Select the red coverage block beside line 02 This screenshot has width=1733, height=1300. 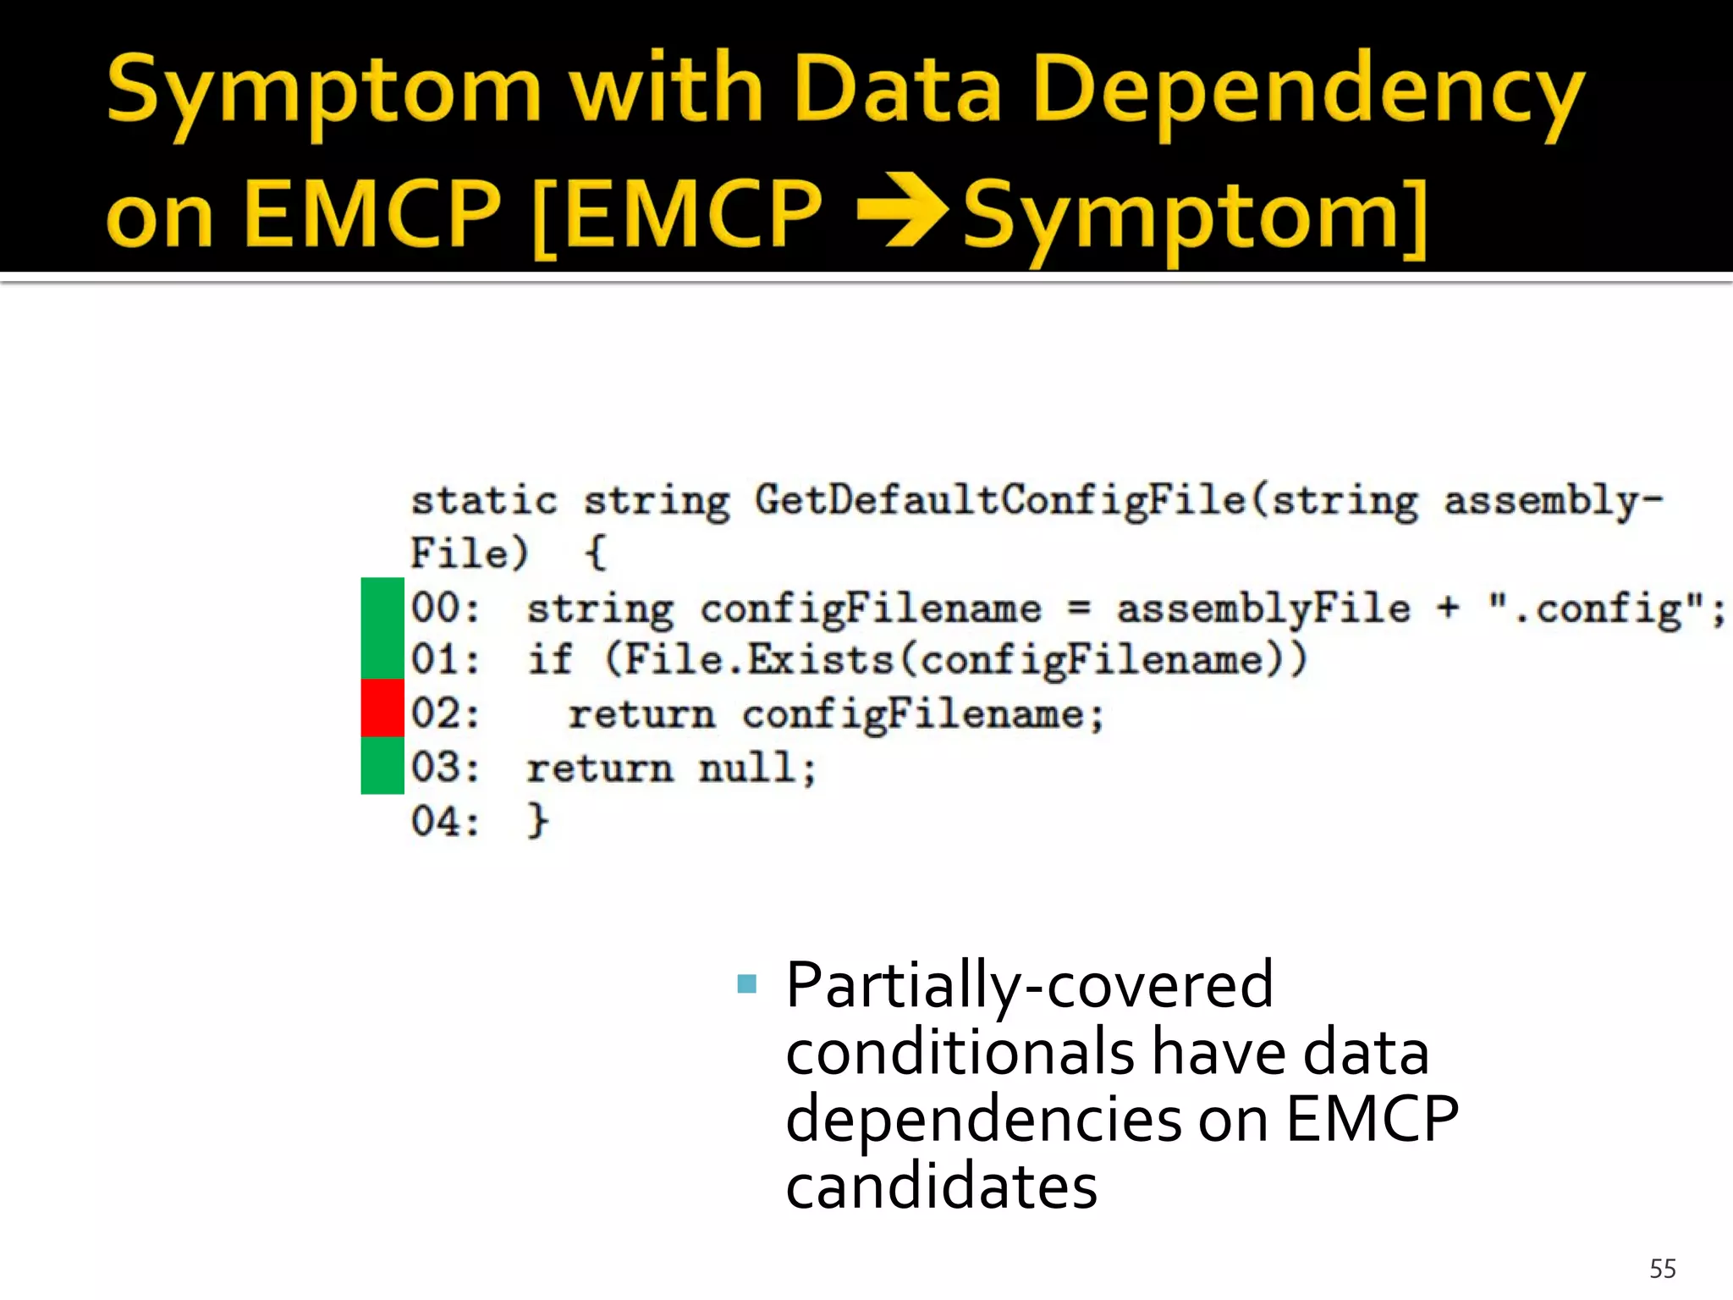coord(382,708)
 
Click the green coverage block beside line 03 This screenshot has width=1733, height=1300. coord(382,765)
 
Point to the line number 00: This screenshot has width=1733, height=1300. coord(445,608)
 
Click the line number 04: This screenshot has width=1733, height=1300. coord(445,821)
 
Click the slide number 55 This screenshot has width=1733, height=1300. coord(1662,1269)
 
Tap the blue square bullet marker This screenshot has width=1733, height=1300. coord(746,983)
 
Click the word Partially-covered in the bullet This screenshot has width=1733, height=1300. coord(1029,985)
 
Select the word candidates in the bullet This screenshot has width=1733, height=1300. coord(941,1187)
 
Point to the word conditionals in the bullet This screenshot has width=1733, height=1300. coord(960,1052)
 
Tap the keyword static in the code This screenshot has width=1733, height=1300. coord(484,501)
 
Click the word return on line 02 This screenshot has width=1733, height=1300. coord(641,714)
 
